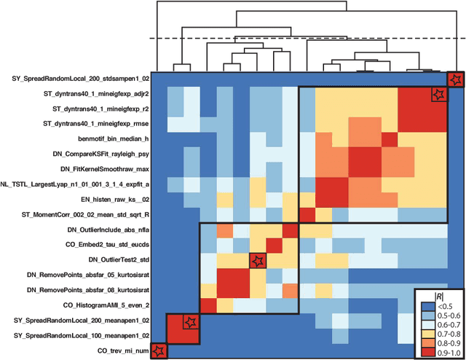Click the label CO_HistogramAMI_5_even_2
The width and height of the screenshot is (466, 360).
(106, 305)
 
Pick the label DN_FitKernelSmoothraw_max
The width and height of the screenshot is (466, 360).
(106, 168)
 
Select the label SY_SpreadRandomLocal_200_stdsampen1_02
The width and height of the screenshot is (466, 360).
(81, 78)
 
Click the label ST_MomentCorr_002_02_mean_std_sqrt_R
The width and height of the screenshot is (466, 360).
(84, 214)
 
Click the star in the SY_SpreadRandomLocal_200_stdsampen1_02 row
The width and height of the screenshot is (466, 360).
(454, 79)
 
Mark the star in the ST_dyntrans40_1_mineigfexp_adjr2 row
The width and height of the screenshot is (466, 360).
(438, 94)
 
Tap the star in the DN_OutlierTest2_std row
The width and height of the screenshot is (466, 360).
(258, 260)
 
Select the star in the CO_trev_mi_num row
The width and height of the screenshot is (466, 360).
(159, 351)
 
